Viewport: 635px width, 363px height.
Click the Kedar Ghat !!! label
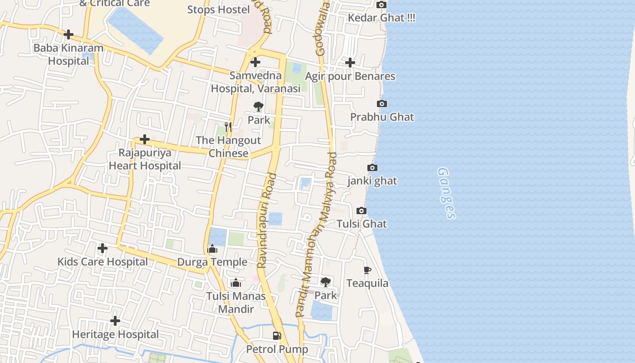click(x=381, y=18)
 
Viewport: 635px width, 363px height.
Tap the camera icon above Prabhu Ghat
click(x=382, y=104)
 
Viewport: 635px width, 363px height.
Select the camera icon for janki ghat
click(x=372, y=168)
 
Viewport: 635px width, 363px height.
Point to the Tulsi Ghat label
click(x=361, y=224)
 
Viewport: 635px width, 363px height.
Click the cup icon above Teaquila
click(x=367, y=270)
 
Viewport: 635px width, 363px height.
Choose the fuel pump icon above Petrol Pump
click(x=277, y=336)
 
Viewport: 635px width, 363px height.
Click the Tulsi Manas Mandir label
click(x=236, y=302)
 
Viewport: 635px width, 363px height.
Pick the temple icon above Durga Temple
click(x=212, y=249)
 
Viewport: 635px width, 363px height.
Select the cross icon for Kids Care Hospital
click(x=103, y=248)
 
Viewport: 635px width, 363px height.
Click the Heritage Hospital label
click(x=116, y=335)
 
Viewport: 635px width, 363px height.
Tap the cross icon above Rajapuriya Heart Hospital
click(x=145, y=139)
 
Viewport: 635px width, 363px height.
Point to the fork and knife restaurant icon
click(x=228, y=127)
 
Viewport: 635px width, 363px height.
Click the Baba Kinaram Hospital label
click(x=68, y=54)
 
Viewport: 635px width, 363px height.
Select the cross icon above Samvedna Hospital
click(x=255, y=62)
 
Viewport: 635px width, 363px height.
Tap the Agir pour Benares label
click(x=350, y=76)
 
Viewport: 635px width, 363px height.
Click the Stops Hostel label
click(x=219, y=10)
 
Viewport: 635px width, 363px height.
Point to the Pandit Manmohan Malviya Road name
click(x=317, y=234)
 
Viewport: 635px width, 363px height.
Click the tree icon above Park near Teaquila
click(x=326, y=282)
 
